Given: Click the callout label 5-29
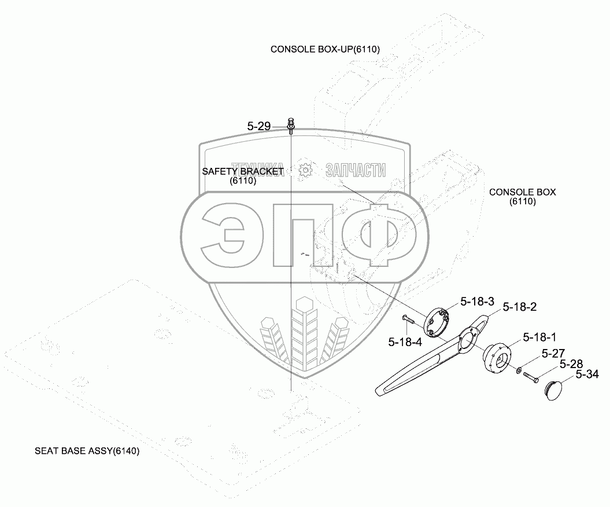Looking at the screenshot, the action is tap(259, 126).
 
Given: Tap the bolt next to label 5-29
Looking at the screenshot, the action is tap(291, 124).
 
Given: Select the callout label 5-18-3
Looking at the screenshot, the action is tap(477, 302).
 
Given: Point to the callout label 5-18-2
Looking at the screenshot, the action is tap(519, 307).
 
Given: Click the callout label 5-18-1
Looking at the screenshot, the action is tap(539, 337).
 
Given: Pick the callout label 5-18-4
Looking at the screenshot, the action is tap(405, 342).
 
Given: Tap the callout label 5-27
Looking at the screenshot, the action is tap(553, 352).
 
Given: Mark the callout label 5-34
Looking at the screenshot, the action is tap(587, 374).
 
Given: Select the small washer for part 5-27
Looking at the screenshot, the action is tap(519, 369).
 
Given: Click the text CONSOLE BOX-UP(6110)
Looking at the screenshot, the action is tap(325, 49).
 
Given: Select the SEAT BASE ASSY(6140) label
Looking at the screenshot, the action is tap(87, 451).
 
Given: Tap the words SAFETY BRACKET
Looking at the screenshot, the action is tap(242, 171).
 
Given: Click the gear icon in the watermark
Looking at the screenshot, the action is tap(305, 170).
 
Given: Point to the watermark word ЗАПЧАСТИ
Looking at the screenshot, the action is tap(356, 170).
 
